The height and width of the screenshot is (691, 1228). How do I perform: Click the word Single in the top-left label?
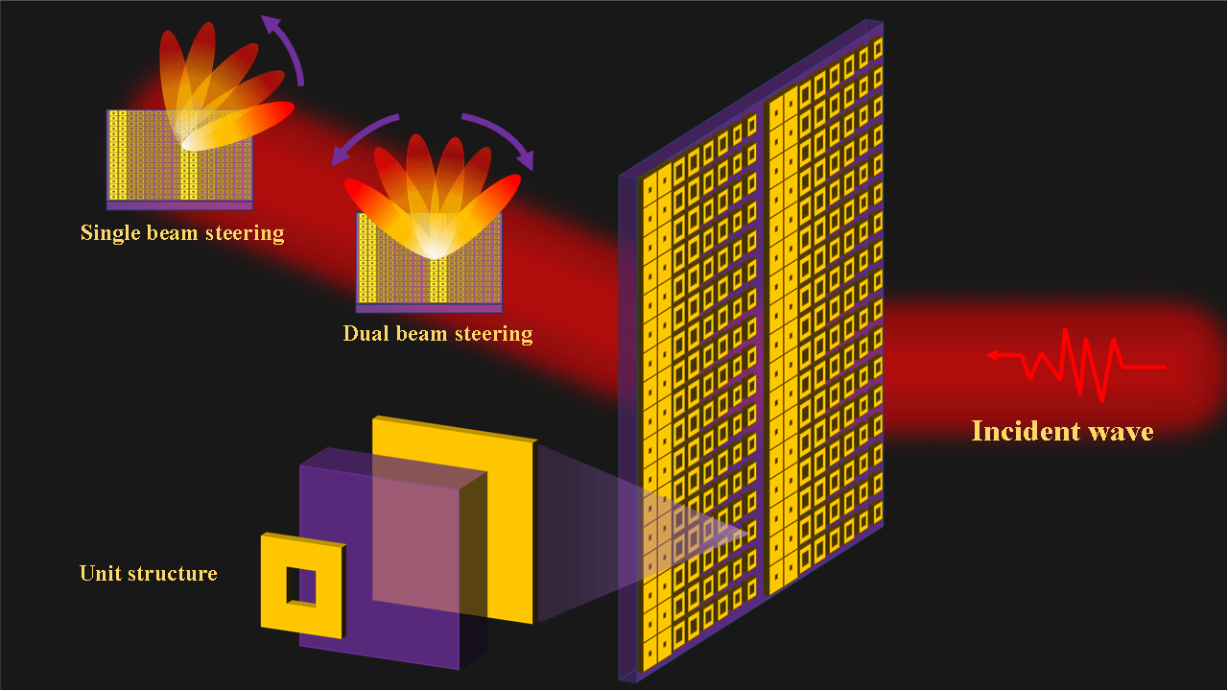pyautogui.click(x=108, y=233)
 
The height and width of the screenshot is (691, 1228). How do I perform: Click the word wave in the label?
pyautogui.click(x=1122, y=432)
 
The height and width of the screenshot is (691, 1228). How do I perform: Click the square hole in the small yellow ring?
pyautogui.click(x=301, y=586)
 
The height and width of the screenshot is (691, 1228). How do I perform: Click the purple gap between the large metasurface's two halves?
pyautogui.click(x=765, y=345)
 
